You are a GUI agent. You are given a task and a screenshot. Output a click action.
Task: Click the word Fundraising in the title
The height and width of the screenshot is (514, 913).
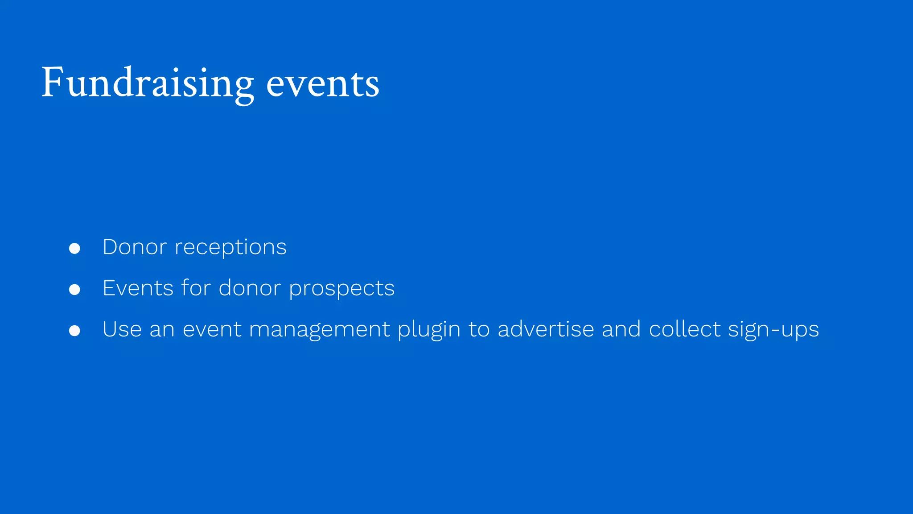[147, 83]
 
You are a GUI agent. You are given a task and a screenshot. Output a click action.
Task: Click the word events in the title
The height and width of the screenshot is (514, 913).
[322, 84]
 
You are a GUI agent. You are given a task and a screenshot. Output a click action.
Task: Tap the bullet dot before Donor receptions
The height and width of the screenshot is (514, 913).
[74, 249]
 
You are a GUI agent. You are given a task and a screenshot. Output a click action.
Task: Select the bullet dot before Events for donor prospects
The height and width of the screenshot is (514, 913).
[74, 290]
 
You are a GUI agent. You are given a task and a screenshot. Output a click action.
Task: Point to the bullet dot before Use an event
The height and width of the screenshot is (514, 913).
[74, 331]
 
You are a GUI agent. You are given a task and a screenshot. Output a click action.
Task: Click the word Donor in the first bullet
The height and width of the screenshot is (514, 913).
[135, 247]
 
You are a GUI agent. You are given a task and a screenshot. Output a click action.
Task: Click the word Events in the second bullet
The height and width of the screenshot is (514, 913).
[138, 288]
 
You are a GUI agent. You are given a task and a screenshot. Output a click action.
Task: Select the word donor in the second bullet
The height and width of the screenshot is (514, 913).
[250, 288]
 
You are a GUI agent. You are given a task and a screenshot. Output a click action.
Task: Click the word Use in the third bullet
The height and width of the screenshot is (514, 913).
[122, 330]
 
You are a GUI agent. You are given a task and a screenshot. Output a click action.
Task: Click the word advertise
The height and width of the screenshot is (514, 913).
[546, 330]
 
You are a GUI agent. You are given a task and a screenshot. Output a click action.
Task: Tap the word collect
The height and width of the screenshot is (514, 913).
[685, 330]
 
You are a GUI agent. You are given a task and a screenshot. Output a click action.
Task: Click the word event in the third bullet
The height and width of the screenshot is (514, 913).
[211, 330]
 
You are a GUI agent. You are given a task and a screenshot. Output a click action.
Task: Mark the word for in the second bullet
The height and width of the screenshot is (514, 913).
[196, 288]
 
